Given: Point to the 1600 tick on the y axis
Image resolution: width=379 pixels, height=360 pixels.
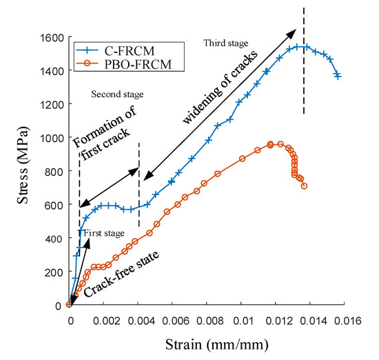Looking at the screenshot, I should [x=52, y=37].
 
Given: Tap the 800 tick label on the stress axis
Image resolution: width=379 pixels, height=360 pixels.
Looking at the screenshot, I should [x=52, y=171].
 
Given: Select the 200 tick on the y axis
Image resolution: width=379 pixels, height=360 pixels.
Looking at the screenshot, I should [x=52, y=272].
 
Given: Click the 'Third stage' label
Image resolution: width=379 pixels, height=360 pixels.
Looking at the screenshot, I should [x=225, y=43].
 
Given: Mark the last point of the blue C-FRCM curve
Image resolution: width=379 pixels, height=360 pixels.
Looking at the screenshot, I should [x=338, y=76].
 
